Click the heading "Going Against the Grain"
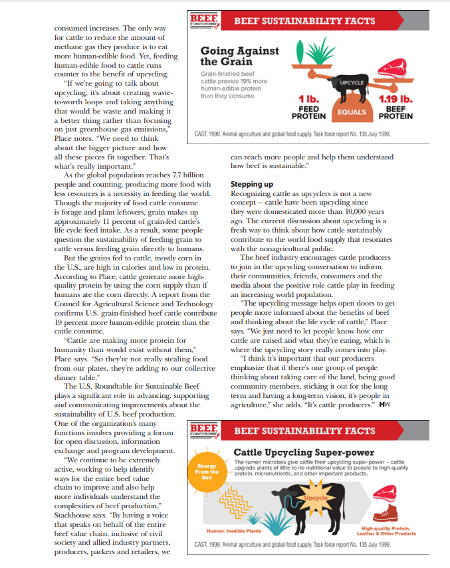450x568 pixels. (x=239, y=56)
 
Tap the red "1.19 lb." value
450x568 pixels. (x=395, y=100)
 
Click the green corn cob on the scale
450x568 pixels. (x=302, y=52)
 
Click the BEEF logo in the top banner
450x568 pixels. (x=204, y=21)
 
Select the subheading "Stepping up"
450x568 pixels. (x=250, y=183)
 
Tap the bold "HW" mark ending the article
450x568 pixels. (x=384, y=405)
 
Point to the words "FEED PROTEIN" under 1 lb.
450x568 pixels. (x=308, y=112)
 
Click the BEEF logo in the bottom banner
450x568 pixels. (x=204, y=431)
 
